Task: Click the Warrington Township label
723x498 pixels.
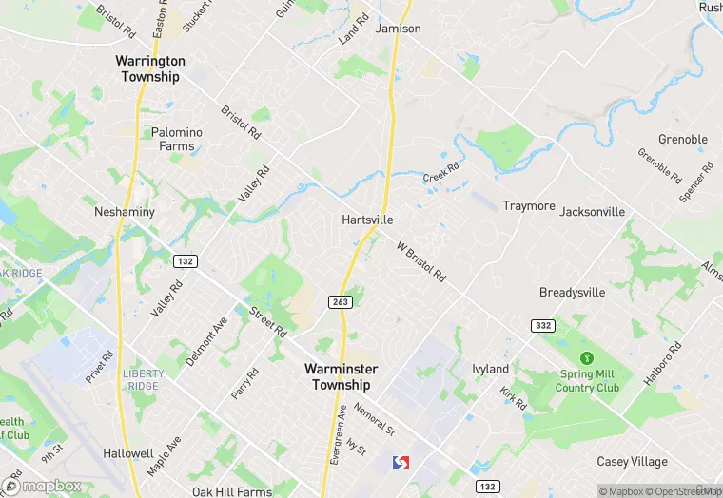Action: pos(149,68)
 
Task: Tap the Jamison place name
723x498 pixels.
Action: pos(398,29)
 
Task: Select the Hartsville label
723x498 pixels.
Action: pos(367,220)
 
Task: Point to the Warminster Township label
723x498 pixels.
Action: pos(342,376)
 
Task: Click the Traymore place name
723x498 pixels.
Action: pos(529,206)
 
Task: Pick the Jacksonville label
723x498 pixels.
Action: pos(593,212)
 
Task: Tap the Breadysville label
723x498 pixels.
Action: pos(572,293)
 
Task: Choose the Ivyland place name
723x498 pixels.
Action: pos(491,369)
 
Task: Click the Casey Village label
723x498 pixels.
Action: pos(632,462)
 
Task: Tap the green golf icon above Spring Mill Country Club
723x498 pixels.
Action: pos(588,358)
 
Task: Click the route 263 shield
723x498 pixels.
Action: pos(340,301)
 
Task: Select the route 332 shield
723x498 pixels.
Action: pos(543,326)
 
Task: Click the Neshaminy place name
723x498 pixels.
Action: pos(125,212)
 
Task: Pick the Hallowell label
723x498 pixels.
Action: pos(103,454)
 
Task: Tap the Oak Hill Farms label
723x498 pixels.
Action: pos(231,491)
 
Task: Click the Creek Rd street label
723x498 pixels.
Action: pos(440,172)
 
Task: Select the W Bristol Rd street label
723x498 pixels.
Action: pos(421,261)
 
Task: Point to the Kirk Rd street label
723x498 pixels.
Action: pos(514,397)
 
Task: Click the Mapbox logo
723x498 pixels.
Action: pos(44,486)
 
